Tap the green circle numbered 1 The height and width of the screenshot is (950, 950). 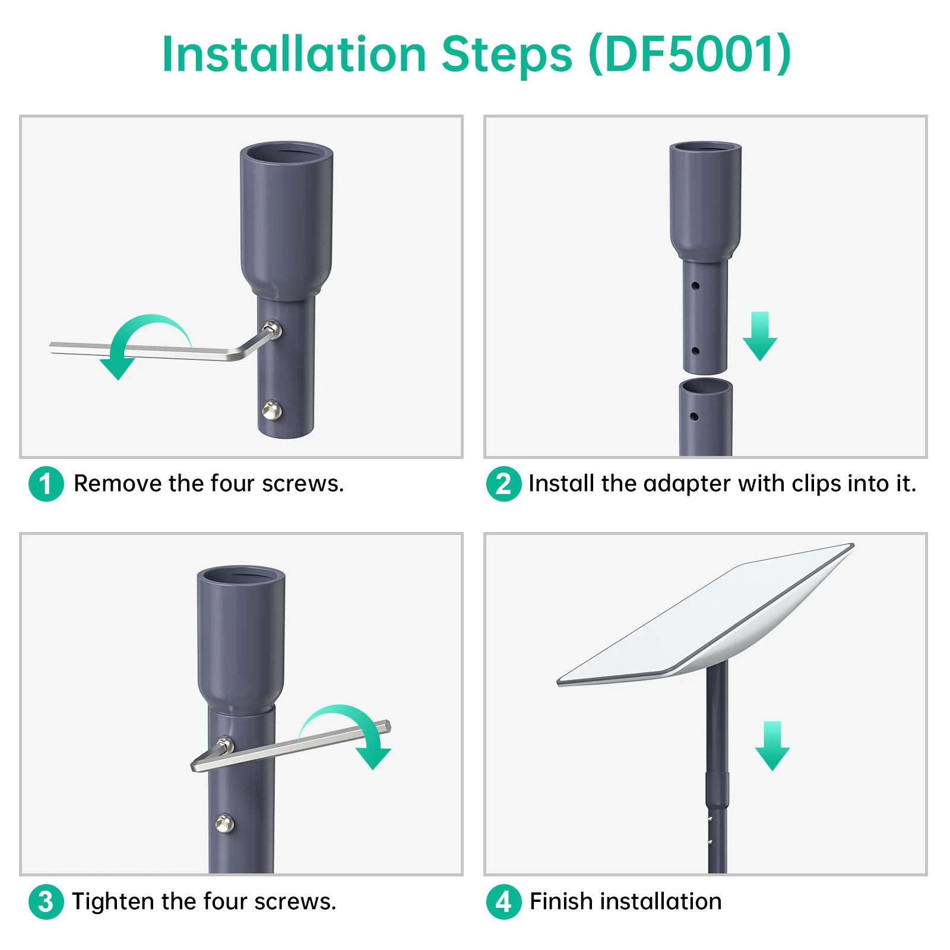(46, 484)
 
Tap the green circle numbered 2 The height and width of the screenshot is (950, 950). (503, 484)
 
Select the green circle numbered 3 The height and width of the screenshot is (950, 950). (46, 902)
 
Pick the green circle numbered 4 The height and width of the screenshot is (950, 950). (503, 902)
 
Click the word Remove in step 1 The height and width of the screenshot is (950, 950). (118, 483)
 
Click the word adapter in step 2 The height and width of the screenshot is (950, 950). (686, 484)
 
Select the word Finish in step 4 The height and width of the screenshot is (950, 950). (561, 901)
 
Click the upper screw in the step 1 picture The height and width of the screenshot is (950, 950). (273, 328)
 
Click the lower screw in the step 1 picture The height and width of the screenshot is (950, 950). (272, 410)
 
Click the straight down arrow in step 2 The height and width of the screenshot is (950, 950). (760, 336)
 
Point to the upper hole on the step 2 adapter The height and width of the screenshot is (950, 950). (695, 286)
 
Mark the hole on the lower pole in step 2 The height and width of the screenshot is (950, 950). (694, 417)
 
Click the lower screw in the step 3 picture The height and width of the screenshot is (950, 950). (224, 824)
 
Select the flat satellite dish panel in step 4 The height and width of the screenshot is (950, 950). (705, 615)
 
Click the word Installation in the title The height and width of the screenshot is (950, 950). (294, 54)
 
